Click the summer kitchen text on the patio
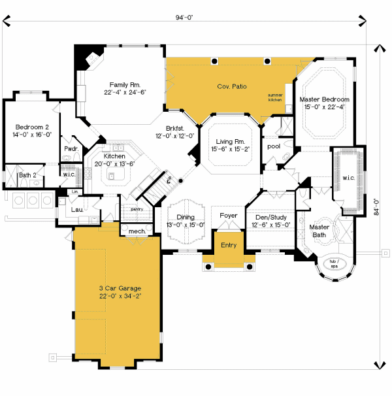tap(275, 97)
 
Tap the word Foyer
tap(229, 215)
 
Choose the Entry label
tap(229, 244)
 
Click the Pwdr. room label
tap(72, 148)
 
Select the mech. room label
tap(137, 231)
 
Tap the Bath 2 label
tap(27, 175)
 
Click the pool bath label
tap(274, 146)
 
